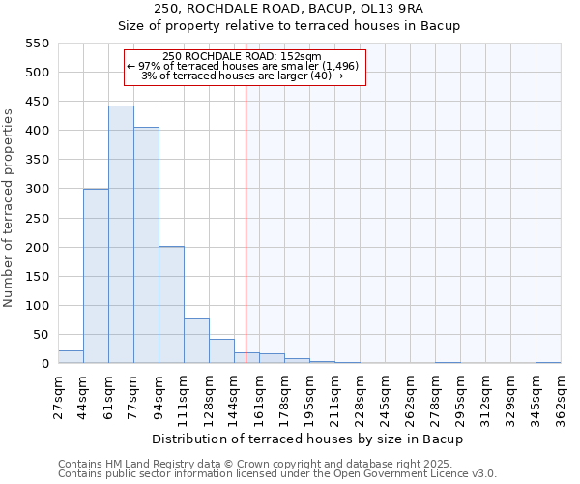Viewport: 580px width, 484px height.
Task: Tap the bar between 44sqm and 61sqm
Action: (96, 276)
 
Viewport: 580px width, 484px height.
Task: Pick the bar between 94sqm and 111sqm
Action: (171, 305)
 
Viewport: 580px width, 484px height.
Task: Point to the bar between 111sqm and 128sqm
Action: (196, 341)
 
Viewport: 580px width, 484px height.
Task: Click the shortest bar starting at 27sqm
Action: (71, 357)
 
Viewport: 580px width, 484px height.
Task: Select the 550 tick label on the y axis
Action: (37, 44)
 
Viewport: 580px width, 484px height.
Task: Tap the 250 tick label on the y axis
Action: (37, 218)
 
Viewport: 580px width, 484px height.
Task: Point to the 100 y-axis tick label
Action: (37, 306)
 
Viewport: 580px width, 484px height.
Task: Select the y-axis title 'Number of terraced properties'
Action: (9, 208)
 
